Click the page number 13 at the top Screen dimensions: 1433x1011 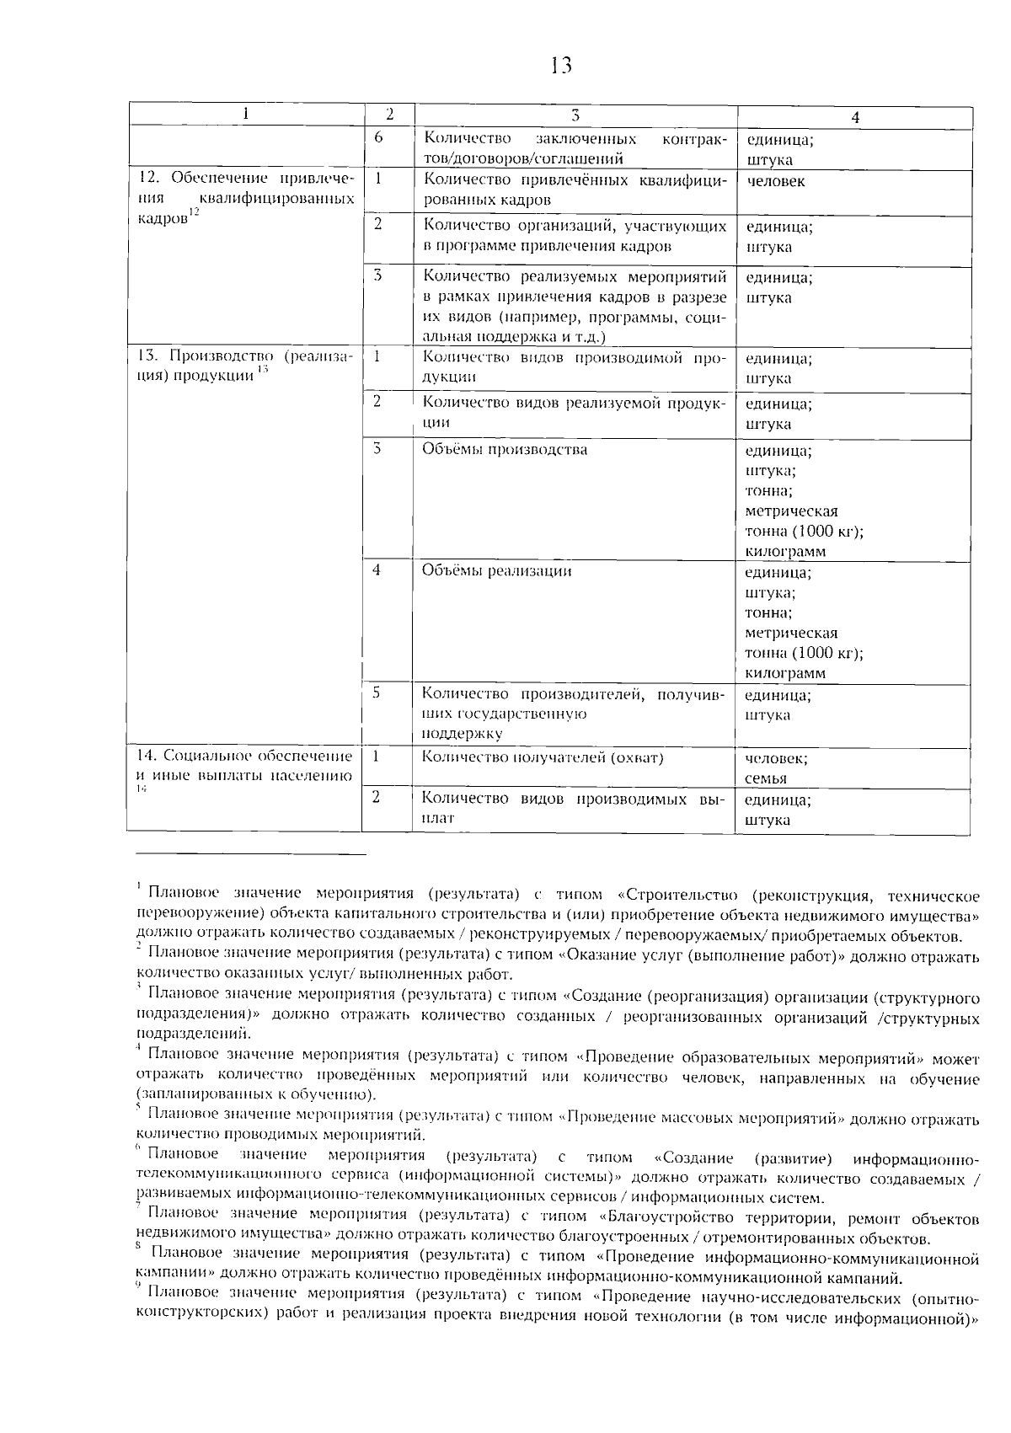tap(560, 65)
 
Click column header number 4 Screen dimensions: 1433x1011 tap(854, 118)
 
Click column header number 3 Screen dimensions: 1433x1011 tap(575, 115)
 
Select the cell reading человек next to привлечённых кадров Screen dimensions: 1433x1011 tap(775, 182)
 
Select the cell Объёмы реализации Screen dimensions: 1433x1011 tap(496, 571)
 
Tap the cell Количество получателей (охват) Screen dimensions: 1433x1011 tap(543, 757)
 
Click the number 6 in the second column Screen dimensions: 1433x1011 tap(379, 136)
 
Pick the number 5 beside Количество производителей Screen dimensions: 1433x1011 tap(377, 692)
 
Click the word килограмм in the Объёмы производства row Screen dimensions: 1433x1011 tap(785, 552)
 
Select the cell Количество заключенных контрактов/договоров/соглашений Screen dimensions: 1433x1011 tap(574, 147)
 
